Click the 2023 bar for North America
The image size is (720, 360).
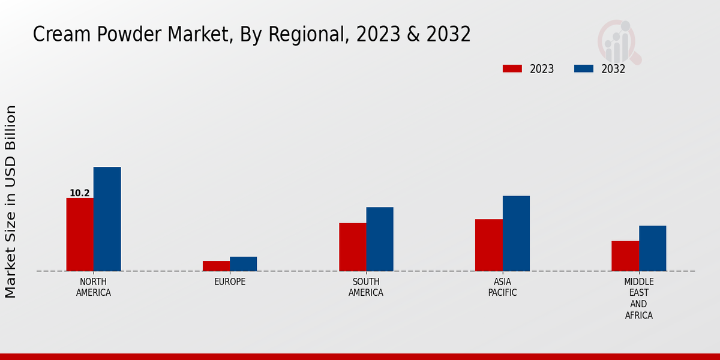point(80,235)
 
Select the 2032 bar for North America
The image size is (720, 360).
point(107,219)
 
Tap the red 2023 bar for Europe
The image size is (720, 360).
point(216,266)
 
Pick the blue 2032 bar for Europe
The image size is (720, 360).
point(243,264)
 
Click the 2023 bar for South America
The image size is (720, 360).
point(352,247)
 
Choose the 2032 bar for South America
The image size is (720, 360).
point(380,239)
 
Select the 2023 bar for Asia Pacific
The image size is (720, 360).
point(488,245)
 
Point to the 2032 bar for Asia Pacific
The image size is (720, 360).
point(516,233)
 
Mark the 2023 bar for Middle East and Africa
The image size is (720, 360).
point(625,256)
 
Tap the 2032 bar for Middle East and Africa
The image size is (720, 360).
point(652,248)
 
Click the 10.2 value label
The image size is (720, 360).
point(80,193)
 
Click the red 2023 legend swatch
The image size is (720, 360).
point(512,68)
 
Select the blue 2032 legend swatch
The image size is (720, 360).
point(583,68)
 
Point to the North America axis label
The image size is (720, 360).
point(94,287)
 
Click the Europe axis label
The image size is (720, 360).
point(230,282)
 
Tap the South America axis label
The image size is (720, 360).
point(366,287)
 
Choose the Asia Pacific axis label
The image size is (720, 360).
point(502,287)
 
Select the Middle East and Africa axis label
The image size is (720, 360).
point(639,298)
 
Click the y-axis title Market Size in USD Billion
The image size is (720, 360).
point(11,201)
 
